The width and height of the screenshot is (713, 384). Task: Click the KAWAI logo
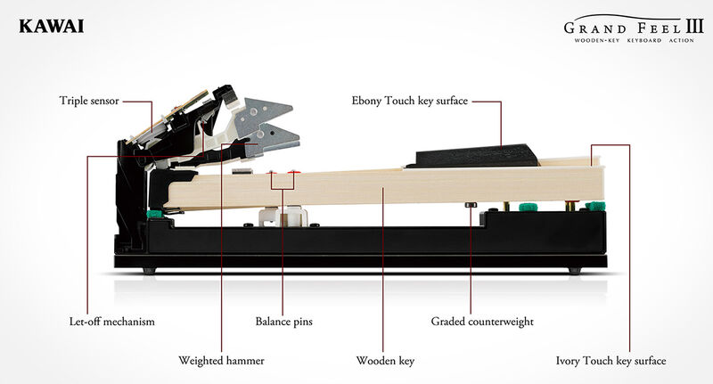(52, 27)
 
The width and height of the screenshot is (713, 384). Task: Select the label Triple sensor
(89, 101)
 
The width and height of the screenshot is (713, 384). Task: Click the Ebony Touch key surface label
(409, 101)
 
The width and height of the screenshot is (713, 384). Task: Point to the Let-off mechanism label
(112, 322)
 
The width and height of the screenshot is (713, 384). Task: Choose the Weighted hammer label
(221, 361)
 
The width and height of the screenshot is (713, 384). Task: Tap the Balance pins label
(283, 322)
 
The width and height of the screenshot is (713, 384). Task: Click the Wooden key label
(385, 361)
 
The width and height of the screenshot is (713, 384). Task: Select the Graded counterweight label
(482, 322)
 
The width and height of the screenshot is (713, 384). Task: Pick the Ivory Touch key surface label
(611, 361)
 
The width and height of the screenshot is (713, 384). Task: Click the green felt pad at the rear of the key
(155, 214)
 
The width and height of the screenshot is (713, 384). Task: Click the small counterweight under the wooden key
(471, 205)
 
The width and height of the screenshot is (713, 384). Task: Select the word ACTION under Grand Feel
(681, 40)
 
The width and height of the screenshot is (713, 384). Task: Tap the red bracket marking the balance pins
(283, 182)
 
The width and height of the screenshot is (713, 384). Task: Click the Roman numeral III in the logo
(695, 26)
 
